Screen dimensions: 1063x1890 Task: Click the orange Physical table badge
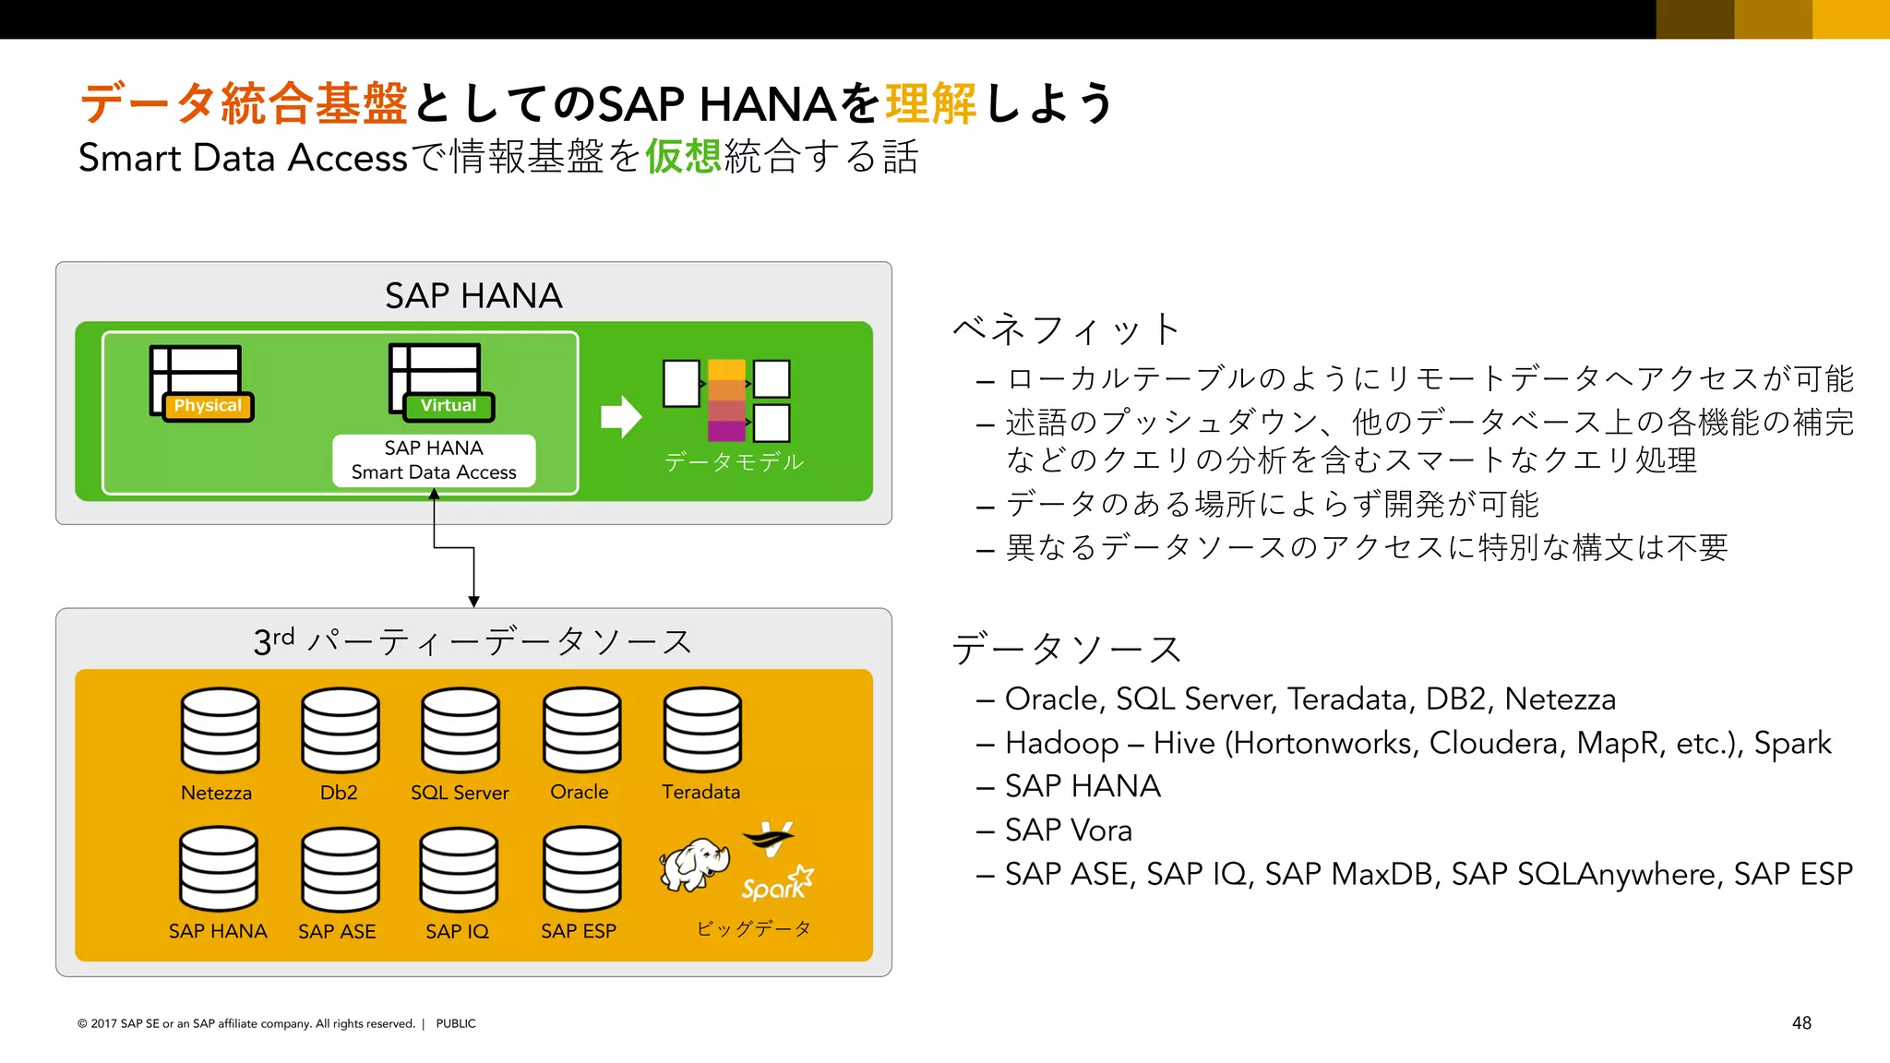pos(208,406)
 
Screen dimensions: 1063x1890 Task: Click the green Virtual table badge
pos(449,406)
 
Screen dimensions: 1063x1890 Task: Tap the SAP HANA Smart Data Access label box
pos(434,460)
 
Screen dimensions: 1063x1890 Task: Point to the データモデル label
pos(734,461)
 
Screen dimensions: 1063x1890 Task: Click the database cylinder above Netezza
pos(220,730)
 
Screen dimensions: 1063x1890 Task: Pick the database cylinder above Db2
pos(340,730)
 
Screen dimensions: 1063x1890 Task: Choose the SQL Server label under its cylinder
pos(460,793)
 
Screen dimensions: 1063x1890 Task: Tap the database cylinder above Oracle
pos(581,730)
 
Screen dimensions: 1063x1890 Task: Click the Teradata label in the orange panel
pos(700,792)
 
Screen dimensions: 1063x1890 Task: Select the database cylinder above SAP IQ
pos(459,869)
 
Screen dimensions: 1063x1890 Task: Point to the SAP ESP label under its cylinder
pos(579,931)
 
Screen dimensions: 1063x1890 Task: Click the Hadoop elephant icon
pos(694,865)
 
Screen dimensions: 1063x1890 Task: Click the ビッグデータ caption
pos(754,928)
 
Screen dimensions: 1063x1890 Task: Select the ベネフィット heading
pos(1067,329)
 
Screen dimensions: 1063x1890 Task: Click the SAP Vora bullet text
pos(1068,830)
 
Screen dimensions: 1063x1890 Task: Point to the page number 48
pos(1801,1023)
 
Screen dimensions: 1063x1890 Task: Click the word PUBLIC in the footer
pos(456,1023)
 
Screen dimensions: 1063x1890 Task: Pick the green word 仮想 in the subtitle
pos(683,156)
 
